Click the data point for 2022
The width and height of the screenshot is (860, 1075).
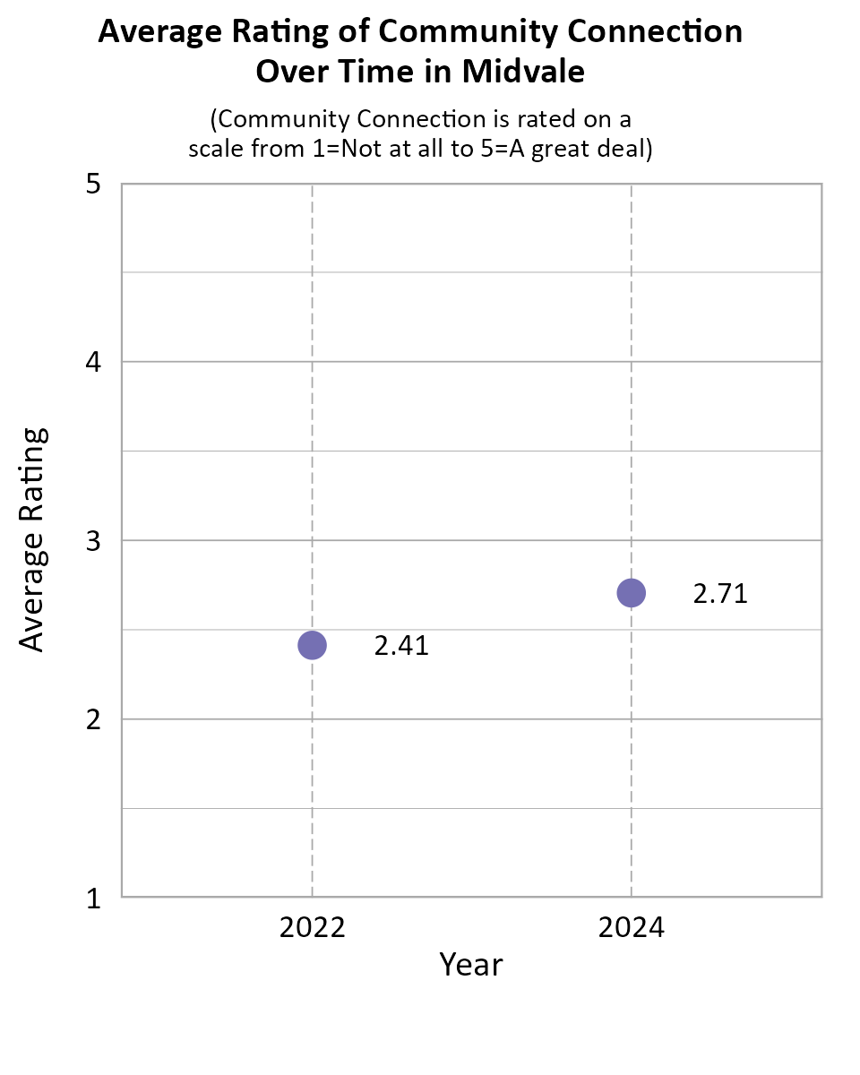click(x=312, y=645)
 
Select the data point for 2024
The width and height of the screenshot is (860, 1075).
click(x=632, y=593)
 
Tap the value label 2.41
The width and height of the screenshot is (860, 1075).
click(x=401, y=646)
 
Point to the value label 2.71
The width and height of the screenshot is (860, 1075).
click(x=720, y=594)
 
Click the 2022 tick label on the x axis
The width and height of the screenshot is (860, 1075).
click(x=312, y=927)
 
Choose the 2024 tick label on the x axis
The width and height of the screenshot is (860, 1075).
click(x=632, y=927)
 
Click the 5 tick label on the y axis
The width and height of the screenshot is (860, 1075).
click(x=93, y=185)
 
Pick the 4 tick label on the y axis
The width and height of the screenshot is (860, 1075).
click(x=93, y=363)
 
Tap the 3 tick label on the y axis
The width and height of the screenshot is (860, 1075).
click(x=93, y=541)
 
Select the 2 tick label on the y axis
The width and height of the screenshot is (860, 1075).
click(x=93, y=719)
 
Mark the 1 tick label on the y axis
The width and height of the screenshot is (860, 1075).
click(x=93, y=898)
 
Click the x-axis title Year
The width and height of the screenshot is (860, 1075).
click(x=471, y=966)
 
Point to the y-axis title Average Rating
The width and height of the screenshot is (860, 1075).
click(x=32, y=539)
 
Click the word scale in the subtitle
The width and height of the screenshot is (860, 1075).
click(x=214, y=149)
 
